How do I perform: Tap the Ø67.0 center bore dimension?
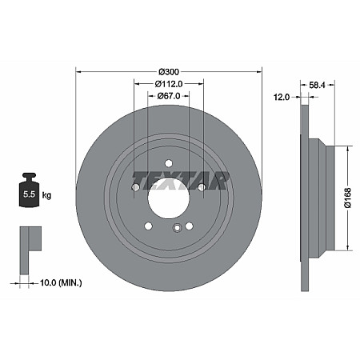pyautogui.click(x=168, y=97)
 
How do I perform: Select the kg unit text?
pyautogui.click(x=46, y=194)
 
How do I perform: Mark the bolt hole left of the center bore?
pyautogui.click(x=135, y=188)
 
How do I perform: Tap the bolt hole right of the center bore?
pyautogui.click(x=202, y=188)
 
